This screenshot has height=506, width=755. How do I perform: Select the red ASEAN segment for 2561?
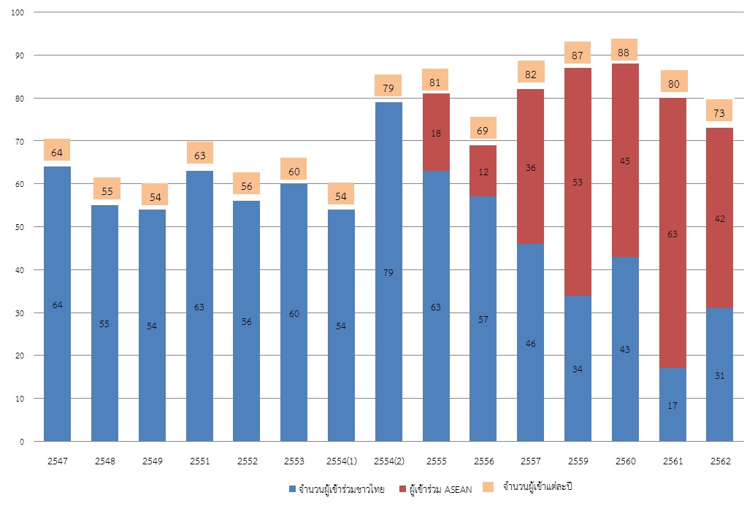[x=672, y=233]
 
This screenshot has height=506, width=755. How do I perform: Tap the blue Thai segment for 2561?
[x=672, y=405]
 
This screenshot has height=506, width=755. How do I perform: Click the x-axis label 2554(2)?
[x=388, y=462]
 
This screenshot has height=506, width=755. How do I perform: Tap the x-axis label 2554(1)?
[x=341, y=462]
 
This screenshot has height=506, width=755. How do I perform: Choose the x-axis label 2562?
[x=720, y=462]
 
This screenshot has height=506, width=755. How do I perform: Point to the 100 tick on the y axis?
[x=18, y=12]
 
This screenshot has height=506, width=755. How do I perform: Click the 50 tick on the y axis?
[x=18, y=227]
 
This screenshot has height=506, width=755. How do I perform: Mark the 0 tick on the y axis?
[x=21, y=442]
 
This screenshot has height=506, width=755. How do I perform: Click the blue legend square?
[x=293, y=488]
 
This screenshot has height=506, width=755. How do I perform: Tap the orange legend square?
[x=488, y=486]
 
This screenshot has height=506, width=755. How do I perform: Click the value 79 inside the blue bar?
[x=388, y=273]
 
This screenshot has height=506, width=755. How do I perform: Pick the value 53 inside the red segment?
[x=578, y=182]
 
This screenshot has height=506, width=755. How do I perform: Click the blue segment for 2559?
[x=578, y=369]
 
